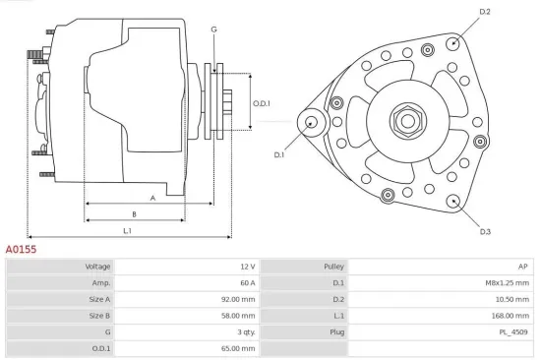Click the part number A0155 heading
22,250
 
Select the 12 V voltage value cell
246,267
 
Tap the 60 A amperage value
246,282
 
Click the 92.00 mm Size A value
239,299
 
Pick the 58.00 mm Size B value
239,316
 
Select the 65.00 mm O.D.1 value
239,348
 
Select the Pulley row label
333,267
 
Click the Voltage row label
98,267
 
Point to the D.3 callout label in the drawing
485,232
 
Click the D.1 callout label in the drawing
279,154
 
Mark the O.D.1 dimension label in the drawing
261,103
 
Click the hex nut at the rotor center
406,121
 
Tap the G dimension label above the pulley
213,30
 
